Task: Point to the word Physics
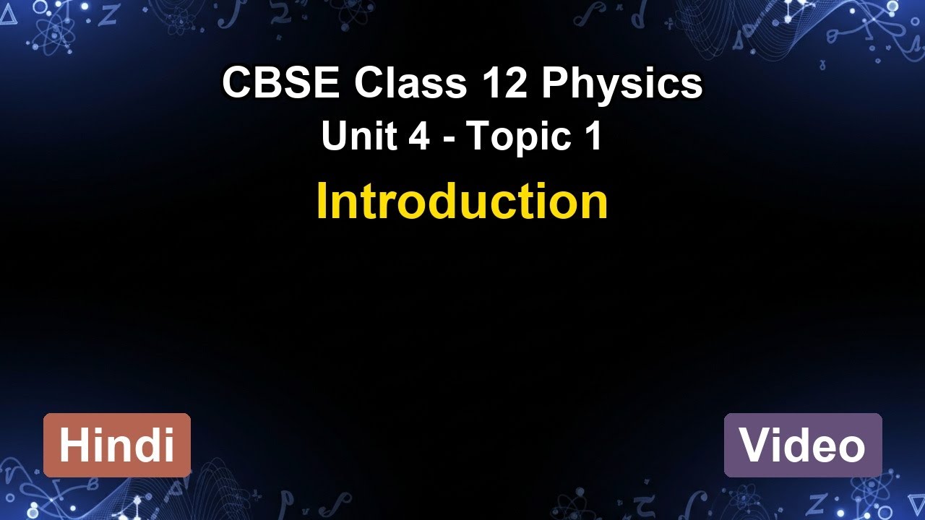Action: click(x=621, y=84)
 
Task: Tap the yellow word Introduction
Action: click(x=462, y=202)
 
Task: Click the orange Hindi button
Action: click(x=117, y=445)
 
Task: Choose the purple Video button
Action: click(x=803, y=445)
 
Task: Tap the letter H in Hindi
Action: click(x=73, y=445)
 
